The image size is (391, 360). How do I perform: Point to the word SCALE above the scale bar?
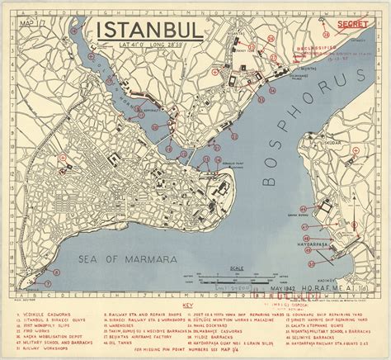[x=238, y=268]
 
